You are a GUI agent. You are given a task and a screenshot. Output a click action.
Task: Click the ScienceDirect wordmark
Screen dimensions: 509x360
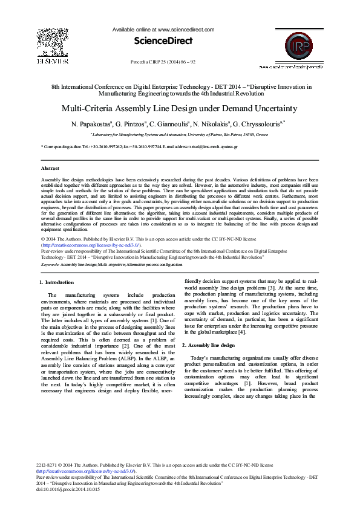click(163, 41)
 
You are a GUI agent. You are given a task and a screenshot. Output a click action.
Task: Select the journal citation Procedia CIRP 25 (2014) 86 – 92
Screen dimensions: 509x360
click(163, 62)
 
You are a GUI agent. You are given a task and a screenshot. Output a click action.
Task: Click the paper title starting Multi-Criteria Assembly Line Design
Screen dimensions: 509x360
click(179, 109)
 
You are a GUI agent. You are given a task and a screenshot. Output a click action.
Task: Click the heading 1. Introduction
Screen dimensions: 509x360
click(57, 282)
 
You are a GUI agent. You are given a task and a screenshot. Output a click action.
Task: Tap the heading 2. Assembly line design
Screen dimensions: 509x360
click(208, 345)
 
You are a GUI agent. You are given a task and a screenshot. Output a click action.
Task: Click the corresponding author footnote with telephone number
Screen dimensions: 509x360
click(145, 147)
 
